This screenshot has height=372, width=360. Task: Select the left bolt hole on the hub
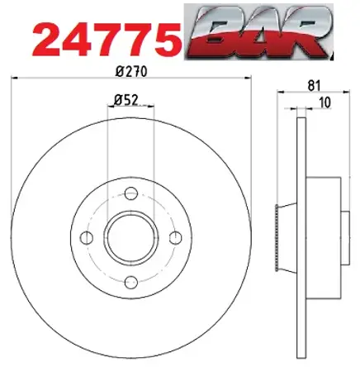click(x=87, y=238)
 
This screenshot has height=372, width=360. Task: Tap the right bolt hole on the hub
click(x=174, y=238)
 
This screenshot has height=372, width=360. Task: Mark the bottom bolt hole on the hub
click(x=130, y=283)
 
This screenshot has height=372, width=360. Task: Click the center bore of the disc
click(x=130, y=238)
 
